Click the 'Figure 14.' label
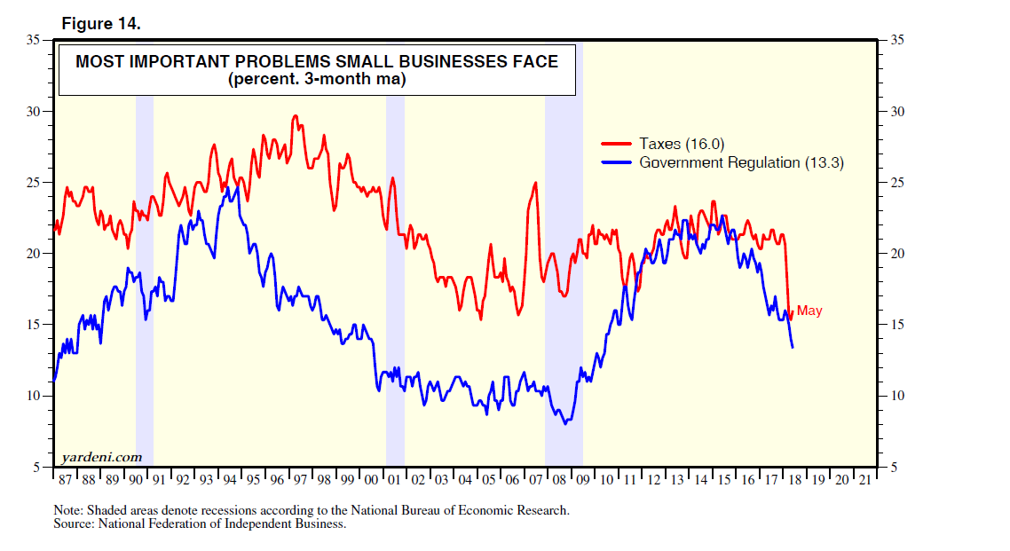100,24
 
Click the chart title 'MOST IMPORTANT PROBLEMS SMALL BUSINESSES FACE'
317,61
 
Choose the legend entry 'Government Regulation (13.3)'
741,162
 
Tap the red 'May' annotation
809,311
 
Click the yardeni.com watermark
102,457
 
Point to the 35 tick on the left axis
36,41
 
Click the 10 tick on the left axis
36,396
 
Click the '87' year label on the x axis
65,480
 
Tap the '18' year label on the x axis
795,480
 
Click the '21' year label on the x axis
865,480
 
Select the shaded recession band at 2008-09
564,266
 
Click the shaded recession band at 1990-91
144,266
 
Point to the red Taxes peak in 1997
296,116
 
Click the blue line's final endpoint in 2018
792,347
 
